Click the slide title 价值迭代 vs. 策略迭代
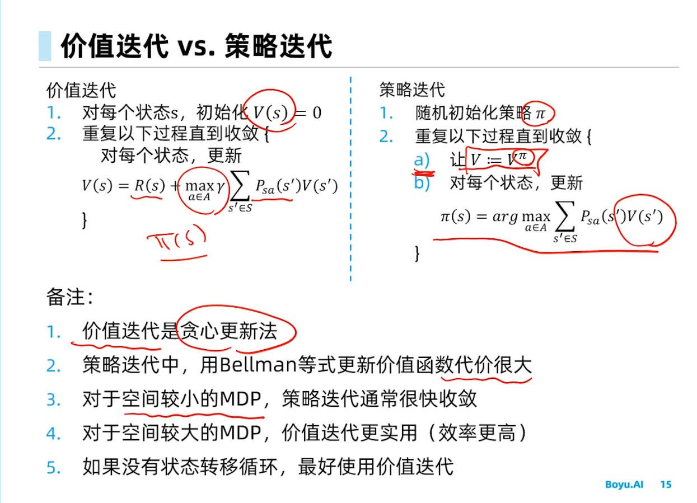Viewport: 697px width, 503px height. coord(196,46)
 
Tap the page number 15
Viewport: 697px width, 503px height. coord(666,485)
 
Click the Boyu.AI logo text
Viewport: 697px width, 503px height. coord(624,485)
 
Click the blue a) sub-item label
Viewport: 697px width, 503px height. coord(422,161)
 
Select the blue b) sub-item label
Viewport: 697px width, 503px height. coord(422,183)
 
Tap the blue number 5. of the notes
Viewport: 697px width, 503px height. coord(54,467)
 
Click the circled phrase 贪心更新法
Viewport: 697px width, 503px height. coord(228,332)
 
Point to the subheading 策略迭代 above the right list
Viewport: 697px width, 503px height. coord(412,90)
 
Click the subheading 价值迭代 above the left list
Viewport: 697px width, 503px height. coord(81,90)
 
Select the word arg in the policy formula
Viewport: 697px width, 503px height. coord(505,217)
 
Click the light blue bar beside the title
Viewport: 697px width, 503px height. coord(45,46)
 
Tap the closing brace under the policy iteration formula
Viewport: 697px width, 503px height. coord(417,253)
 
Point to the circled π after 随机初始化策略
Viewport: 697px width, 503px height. coord(540,114)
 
